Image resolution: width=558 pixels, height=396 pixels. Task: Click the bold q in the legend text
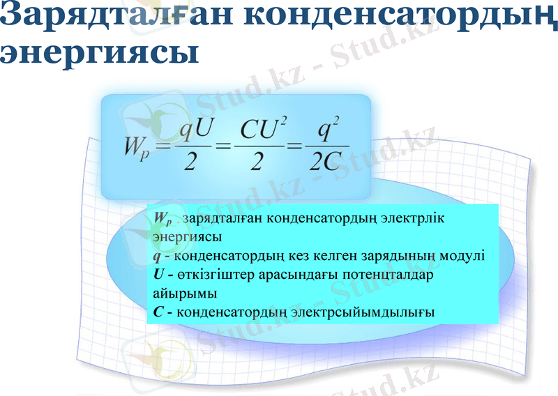pyautogui.click(x=157, y=256)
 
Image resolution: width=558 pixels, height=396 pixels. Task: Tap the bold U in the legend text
pyautogui.click(x=158, y=274)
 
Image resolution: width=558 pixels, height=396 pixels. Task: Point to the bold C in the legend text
pyautogui.click(x=158, y=312)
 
